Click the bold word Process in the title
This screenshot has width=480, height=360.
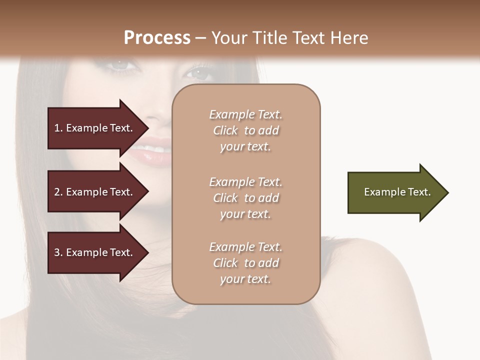[x=157, y=38]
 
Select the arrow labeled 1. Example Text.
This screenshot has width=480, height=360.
[x=95, y=128]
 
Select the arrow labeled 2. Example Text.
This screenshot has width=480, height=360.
[x=95, y=192]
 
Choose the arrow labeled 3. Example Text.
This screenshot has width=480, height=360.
[x=95, y=252]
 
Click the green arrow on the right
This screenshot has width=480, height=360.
[x=395, y=192]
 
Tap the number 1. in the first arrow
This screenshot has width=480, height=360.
[x=58, y=128]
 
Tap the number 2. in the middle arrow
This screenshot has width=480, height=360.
[x=58, y=192]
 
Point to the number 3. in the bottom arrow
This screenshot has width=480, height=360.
[x=58, y=252]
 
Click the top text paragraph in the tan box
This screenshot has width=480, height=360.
[x=245, y=130]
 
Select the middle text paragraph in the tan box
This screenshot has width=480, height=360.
[x=245, y=198]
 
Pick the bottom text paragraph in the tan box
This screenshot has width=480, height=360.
[x=245, y=263]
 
